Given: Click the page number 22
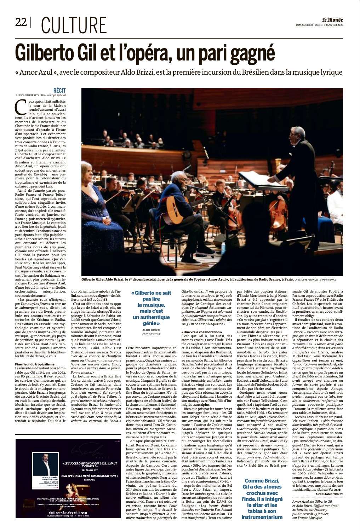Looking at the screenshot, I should point(21,22).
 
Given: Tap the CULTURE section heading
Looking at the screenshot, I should point(74,25).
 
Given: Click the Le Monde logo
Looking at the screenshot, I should point(332,20).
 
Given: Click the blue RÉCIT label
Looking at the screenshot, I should point(59,91).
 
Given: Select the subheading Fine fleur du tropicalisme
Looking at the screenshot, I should point(35,364).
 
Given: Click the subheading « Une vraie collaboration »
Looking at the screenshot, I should point(201,332).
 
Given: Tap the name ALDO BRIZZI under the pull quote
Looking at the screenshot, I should point(151,330).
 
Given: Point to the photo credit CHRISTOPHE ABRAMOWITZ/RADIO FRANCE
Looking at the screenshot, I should point(315,279).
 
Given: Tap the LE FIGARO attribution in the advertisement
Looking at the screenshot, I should point(90,480).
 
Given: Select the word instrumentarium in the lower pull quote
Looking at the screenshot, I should point(262,517).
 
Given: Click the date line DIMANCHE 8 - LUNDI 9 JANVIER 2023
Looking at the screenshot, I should point(320,25).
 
